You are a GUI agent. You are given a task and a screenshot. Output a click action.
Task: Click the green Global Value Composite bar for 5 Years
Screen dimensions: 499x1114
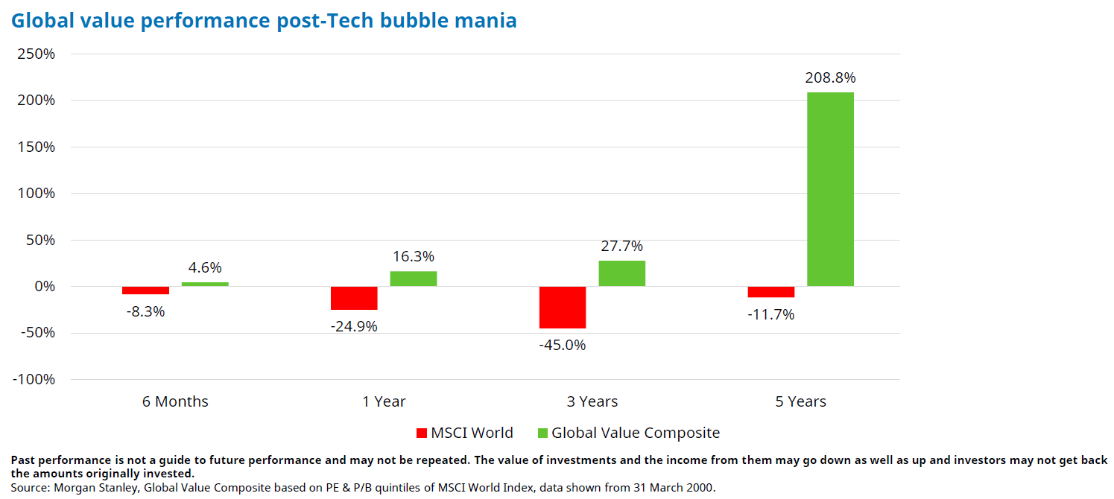click(830, 189)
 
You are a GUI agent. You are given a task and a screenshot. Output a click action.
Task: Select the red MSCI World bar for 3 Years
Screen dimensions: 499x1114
click(563, 307)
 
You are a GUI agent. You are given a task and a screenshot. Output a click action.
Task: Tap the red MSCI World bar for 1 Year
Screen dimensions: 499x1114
click(354, 298)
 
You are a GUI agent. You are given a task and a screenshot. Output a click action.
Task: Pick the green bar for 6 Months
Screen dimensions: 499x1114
click(205, 284)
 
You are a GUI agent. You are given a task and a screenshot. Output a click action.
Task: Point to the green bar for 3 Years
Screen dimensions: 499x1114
click(621, 273)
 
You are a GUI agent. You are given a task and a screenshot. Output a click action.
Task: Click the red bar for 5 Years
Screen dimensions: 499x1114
click(771, 292)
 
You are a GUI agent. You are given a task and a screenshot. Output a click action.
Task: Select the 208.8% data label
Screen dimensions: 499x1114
click(830, 78)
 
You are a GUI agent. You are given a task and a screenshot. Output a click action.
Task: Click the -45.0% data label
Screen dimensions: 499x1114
click(563, 345)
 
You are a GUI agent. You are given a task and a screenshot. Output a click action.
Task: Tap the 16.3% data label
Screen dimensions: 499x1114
click(414, 257)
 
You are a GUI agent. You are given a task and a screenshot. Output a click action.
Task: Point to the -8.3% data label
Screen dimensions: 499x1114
click(145, 311)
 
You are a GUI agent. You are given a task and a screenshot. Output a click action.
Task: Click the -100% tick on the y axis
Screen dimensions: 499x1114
click(34, 380)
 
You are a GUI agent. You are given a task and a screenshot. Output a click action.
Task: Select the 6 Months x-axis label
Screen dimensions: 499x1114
click(175, 402)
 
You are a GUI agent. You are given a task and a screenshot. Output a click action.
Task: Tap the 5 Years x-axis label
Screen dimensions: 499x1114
click(800, 402)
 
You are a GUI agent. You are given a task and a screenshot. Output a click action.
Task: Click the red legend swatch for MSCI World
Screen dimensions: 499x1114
click(422, 433)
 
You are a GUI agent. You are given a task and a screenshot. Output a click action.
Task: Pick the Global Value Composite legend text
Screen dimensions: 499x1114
click(636, 433)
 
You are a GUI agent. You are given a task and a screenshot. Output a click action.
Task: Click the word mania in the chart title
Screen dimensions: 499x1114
click(486, 20)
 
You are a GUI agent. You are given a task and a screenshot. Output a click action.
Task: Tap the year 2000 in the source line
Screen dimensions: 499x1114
click(701, 487)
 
